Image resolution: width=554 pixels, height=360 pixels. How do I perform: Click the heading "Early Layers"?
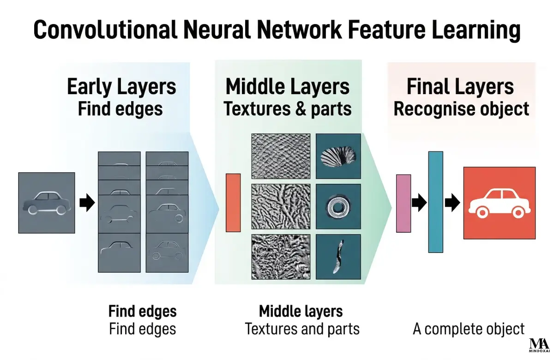tap(121, 87)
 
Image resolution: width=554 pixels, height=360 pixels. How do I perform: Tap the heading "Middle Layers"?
tap(287, 87)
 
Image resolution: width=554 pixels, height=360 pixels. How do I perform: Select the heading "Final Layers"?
tap(460, 87)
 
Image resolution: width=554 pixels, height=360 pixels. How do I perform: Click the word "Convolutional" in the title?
tap(102, 30)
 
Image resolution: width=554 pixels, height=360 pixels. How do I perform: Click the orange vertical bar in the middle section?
tap(233, 203)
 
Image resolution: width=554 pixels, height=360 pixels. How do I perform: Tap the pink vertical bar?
tap(403, 203)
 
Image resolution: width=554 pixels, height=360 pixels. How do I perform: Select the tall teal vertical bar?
tap(435, 202)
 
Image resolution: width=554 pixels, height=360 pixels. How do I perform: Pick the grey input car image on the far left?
tap(46, 203)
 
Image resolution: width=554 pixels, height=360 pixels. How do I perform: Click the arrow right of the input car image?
tap(87, 203)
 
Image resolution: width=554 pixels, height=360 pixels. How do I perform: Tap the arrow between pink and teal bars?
tap(419, 202)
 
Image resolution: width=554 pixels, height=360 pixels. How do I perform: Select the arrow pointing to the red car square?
tap(452, 202)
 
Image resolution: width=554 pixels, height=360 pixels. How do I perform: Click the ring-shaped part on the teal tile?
tap(338, 206)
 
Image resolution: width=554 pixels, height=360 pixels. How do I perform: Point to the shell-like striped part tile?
tap(338, 156)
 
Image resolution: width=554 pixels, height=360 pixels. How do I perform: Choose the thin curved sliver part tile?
tap(338, 257)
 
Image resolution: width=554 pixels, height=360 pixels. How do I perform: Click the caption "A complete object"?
tap(468, 329)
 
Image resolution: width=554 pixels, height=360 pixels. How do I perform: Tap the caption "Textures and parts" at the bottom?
tap(302, 329)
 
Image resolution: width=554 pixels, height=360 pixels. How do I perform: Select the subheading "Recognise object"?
tap(461, 109)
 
